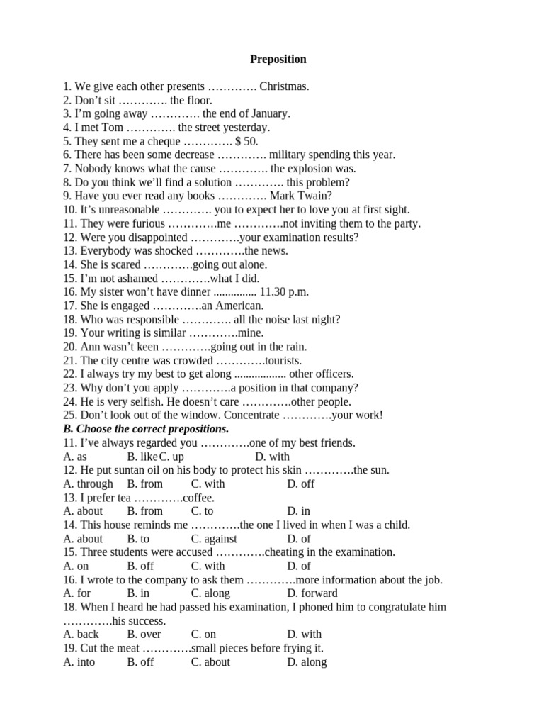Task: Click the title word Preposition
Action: point(278,60)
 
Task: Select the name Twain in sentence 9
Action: point(317,196)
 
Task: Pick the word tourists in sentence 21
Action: point(283,361)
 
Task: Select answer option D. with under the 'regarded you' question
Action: point(272,457)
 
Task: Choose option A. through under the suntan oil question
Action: point(88,484)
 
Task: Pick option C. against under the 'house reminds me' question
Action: point(214,539)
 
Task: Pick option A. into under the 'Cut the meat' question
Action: point(79,662)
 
